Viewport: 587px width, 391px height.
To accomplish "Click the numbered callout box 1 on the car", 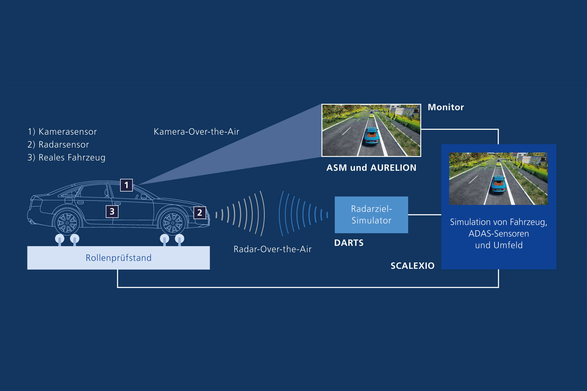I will coord(126,185).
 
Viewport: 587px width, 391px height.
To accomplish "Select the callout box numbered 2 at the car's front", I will coord(200,213).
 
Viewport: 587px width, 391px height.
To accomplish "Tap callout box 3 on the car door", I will coord(112,211).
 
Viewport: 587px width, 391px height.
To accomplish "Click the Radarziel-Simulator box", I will coord(371,215).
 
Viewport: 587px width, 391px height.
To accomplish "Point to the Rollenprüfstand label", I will coord(118,258).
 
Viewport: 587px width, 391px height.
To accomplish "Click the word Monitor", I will coord(445,107).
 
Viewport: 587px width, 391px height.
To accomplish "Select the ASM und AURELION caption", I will coord(371,168).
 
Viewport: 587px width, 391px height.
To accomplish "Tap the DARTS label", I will coord(349,243).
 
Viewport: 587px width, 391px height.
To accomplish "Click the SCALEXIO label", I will coord(412,266).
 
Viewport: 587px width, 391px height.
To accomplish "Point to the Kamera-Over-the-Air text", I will coord(196,132).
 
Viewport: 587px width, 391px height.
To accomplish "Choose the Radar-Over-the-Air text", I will coord(272,249).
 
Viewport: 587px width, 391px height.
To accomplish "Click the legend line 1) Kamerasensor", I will coord(62,132).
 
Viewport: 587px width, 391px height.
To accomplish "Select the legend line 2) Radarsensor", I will coord(58,144).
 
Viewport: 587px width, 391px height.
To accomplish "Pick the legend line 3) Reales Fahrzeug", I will coord(66,158).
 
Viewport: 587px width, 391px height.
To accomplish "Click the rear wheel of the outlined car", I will coord(67,222).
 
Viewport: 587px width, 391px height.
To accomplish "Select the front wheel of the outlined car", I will coord(172,222).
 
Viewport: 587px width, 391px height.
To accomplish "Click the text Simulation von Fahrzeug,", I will coord(498,222).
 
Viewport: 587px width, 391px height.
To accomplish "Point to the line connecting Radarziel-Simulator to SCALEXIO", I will coord(424,215).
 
